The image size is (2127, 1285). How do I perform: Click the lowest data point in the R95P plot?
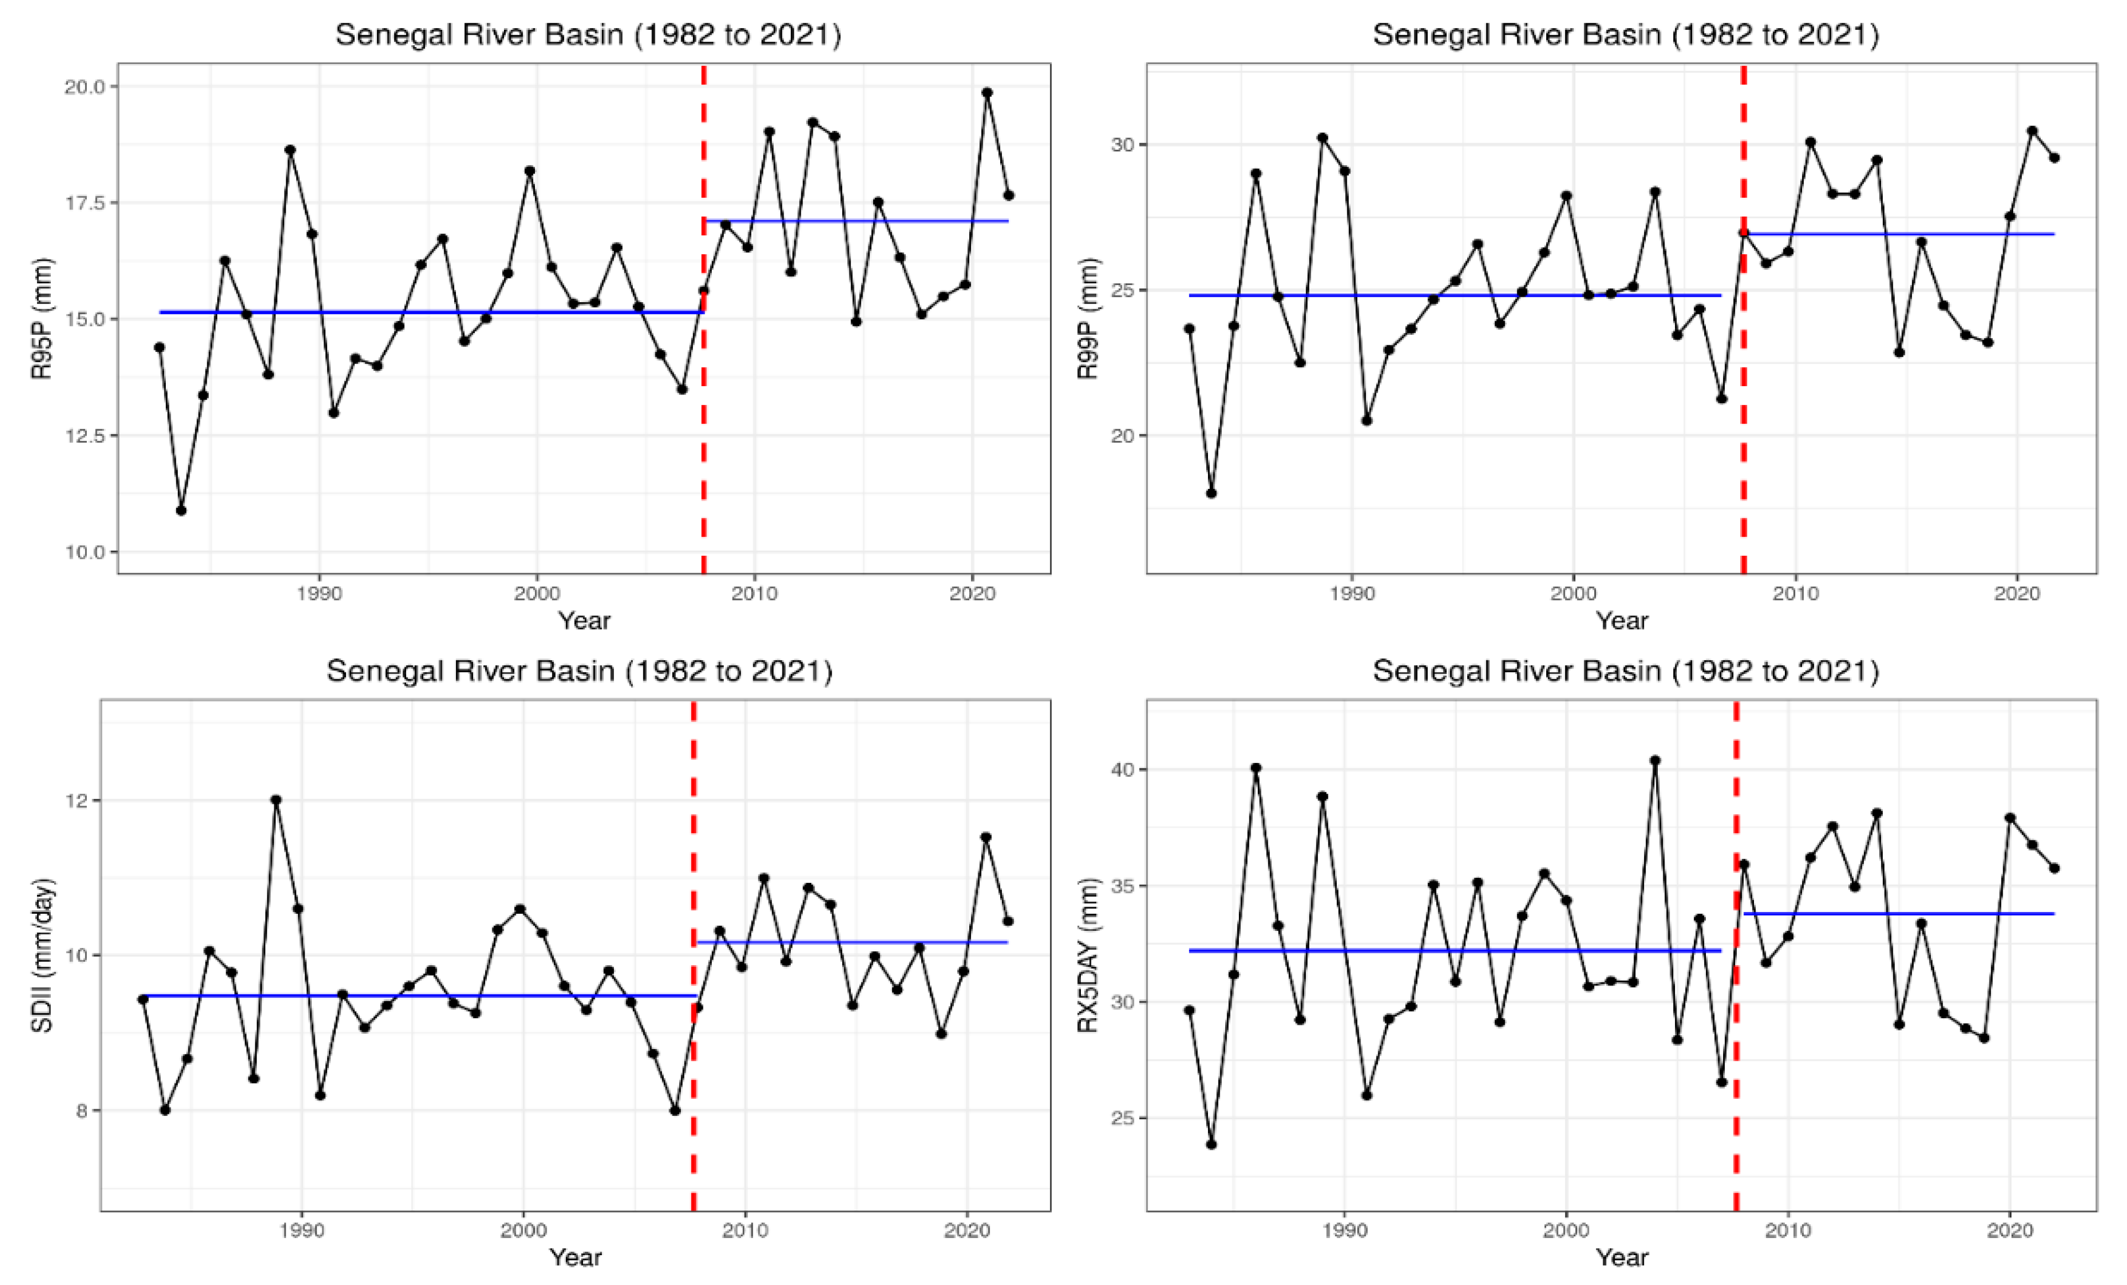point(181,510)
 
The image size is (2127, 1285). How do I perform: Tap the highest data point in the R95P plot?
point(986,92)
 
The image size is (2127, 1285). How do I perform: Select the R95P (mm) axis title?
point(41,318)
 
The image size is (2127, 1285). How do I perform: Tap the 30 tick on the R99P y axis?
point(1123,144)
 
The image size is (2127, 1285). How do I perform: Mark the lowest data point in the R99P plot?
point(1211,493)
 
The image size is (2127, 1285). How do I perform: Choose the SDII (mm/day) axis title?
point(41,955)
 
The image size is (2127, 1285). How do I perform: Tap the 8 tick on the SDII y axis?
point(82,1110)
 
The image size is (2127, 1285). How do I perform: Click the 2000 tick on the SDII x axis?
point(523,1230)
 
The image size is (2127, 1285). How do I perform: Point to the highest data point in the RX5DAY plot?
point(1655,760)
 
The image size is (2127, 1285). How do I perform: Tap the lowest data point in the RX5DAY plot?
point(1211,1144)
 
